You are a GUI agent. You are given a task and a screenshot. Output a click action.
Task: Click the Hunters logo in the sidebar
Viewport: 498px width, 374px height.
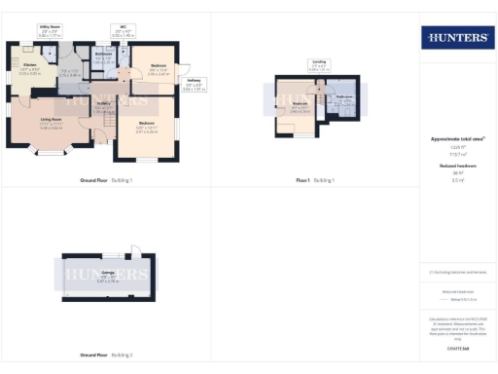[456, 38]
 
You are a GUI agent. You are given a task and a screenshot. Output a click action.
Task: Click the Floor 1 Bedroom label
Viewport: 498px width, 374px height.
[301, 105]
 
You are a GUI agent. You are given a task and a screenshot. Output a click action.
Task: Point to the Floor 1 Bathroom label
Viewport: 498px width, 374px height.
[345, 98]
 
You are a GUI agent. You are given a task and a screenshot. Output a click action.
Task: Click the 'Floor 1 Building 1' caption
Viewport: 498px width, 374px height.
[315, 181]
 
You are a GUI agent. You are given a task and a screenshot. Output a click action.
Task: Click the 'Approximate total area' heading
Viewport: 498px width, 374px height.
[456, 139]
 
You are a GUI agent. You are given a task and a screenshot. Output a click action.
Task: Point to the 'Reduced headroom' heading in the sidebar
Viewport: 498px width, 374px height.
[456, 167]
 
